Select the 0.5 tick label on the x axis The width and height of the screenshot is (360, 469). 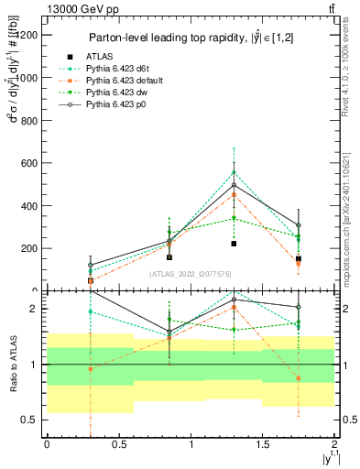click(118, 444)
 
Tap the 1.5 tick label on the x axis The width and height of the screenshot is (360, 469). click(263, 444)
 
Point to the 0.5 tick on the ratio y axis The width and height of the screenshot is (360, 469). click(29, 420)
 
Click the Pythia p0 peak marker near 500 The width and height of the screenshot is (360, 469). click(235, 185)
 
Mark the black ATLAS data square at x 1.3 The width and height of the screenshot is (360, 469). click(235, 244)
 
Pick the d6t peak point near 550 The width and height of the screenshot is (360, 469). click(235, 172)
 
